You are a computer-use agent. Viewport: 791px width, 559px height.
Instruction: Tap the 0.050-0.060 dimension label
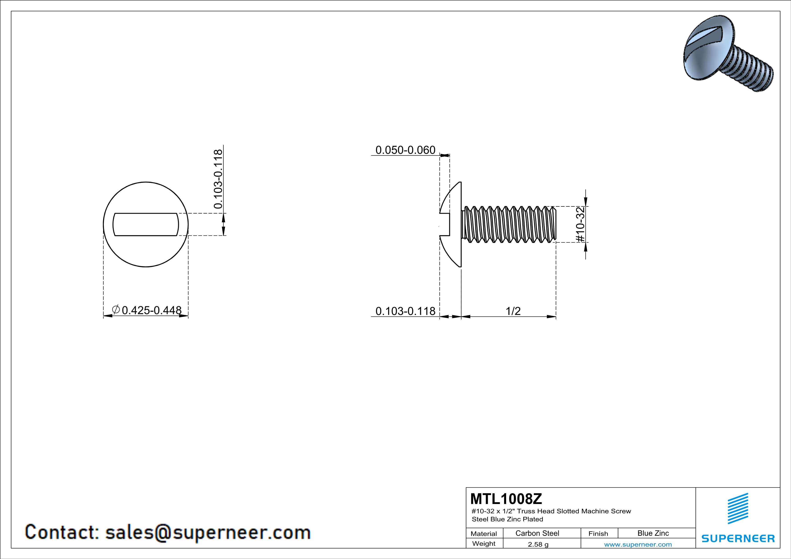coord(405,150)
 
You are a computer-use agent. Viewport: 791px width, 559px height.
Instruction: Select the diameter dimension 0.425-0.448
coord(151,310)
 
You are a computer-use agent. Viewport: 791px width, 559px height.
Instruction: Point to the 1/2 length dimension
coord(513,311)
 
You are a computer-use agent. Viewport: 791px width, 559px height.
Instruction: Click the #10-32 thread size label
coord(580,224)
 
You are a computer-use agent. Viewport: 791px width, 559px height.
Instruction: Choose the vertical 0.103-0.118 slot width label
coord(218,179)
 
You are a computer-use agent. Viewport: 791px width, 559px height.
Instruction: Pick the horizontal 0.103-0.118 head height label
coord(405,311)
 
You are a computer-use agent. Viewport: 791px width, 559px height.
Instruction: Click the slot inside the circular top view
coord(146,225)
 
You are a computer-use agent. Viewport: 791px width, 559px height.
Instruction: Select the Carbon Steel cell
coord(537,533)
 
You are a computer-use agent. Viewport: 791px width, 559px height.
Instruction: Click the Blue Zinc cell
coord(653,533)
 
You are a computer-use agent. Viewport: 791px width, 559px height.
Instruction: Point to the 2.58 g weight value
coord(538,544)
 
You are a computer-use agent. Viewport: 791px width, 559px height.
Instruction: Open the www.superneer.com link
coord(638,544)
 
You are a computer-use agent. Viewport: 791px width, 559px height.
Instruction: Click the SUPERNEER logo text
coord(738,538)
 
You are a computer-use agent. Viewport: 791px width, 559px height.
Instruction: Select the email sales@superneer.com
coord(208,532)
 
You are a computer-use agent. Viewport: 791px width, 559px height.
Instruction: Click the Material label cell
coord(484,534)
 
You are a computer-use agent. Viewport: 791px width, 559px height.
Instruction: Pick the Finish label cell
coord(598,534)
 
